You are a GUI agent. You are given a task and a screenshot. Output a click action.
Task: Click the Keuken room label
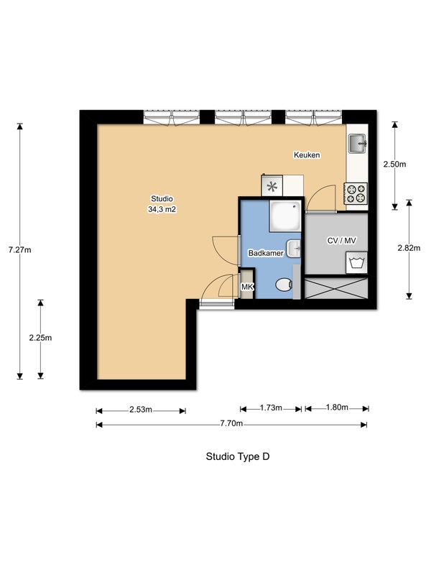point(307,155)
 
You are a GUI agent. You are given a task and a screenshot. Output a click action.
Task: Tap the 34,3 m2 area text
point(162,209)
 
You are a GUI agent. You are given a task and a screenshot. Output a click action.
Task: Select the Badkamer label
point(266,253)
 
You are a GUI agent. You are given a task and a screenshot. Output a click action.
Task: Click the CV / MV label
point(342,241)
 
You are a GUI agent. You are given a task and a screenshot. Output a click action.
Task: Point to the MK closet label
point(247,287)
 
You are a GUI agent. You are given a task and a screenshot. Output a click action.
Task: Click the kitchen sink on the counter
point(357,143)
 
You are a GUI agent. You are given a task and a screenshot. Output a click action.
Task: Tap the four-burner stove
point(355,193)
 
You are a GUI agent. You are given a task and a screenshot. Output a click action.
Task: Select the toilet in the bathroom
point(284,285)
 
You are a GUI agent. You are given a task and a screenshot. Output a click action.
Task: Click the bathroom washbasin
point(294,249)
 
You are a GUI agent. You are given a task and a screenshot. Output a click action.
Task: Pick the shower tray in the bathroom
point(284,216)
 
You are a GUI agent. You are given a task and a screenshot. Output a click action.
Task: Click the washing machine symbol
point(356,263)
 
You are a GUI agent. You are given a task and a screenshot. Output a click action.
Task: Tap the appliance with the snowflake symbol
point(272,186)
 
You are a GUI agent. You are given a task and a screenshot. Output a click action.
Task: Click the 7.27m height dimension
point(20,249)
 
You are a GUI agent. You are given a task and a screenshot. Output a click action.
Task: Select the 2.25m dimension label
point(40,338)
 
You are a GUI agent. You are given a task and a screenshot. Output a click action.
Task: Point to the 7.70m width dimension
point(231,423)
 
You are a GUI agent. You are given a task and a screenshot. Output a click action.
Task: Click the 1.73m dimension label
point(271,408)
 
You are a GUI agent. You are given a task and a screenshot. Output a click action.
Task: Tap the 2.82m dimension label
point(409,248)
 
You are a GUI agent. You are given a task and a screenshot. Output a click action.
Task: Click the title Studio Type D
point(238,456)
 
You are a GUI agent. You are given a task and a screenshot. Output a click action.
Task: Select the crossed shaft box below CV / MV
point(336,288)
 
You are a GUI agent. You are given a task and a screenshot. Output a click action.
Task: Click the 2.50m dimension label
point(394,165)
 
